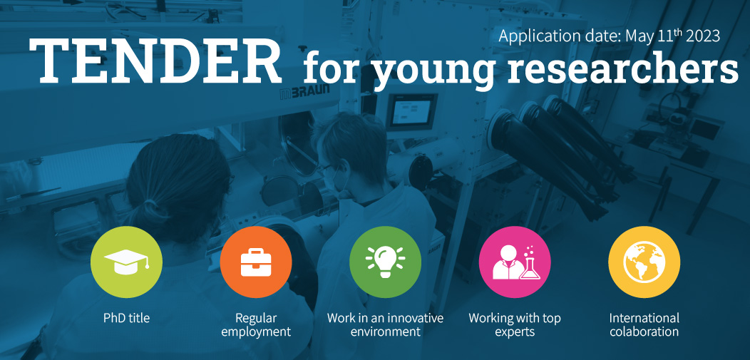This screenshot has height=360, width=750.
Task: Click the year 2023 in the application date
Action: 703,36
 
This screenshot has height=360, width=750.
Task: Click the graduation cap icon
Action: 126,262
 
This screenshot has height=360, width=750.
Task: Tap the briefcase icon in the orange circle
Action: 256,262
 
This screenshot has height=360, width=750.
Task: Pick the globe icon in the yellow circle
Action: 644,262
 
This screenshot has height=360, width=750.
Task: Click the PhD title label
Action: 126,318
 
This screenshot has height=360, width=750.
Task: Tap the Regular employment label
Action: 256,324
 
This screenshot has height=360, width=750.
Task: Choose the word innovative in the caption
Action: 415,318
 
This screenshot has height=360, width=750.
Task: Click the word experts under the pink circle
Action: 515,331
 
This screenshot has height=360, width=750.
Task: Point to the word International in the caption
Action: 644,318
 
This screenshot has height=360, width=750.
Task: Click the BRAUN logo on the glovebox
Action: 304,92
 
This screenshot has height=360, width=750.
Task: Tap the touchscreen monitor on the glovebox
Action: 412,111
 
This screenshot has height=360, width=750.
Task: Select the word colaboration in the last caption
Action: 644,331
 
